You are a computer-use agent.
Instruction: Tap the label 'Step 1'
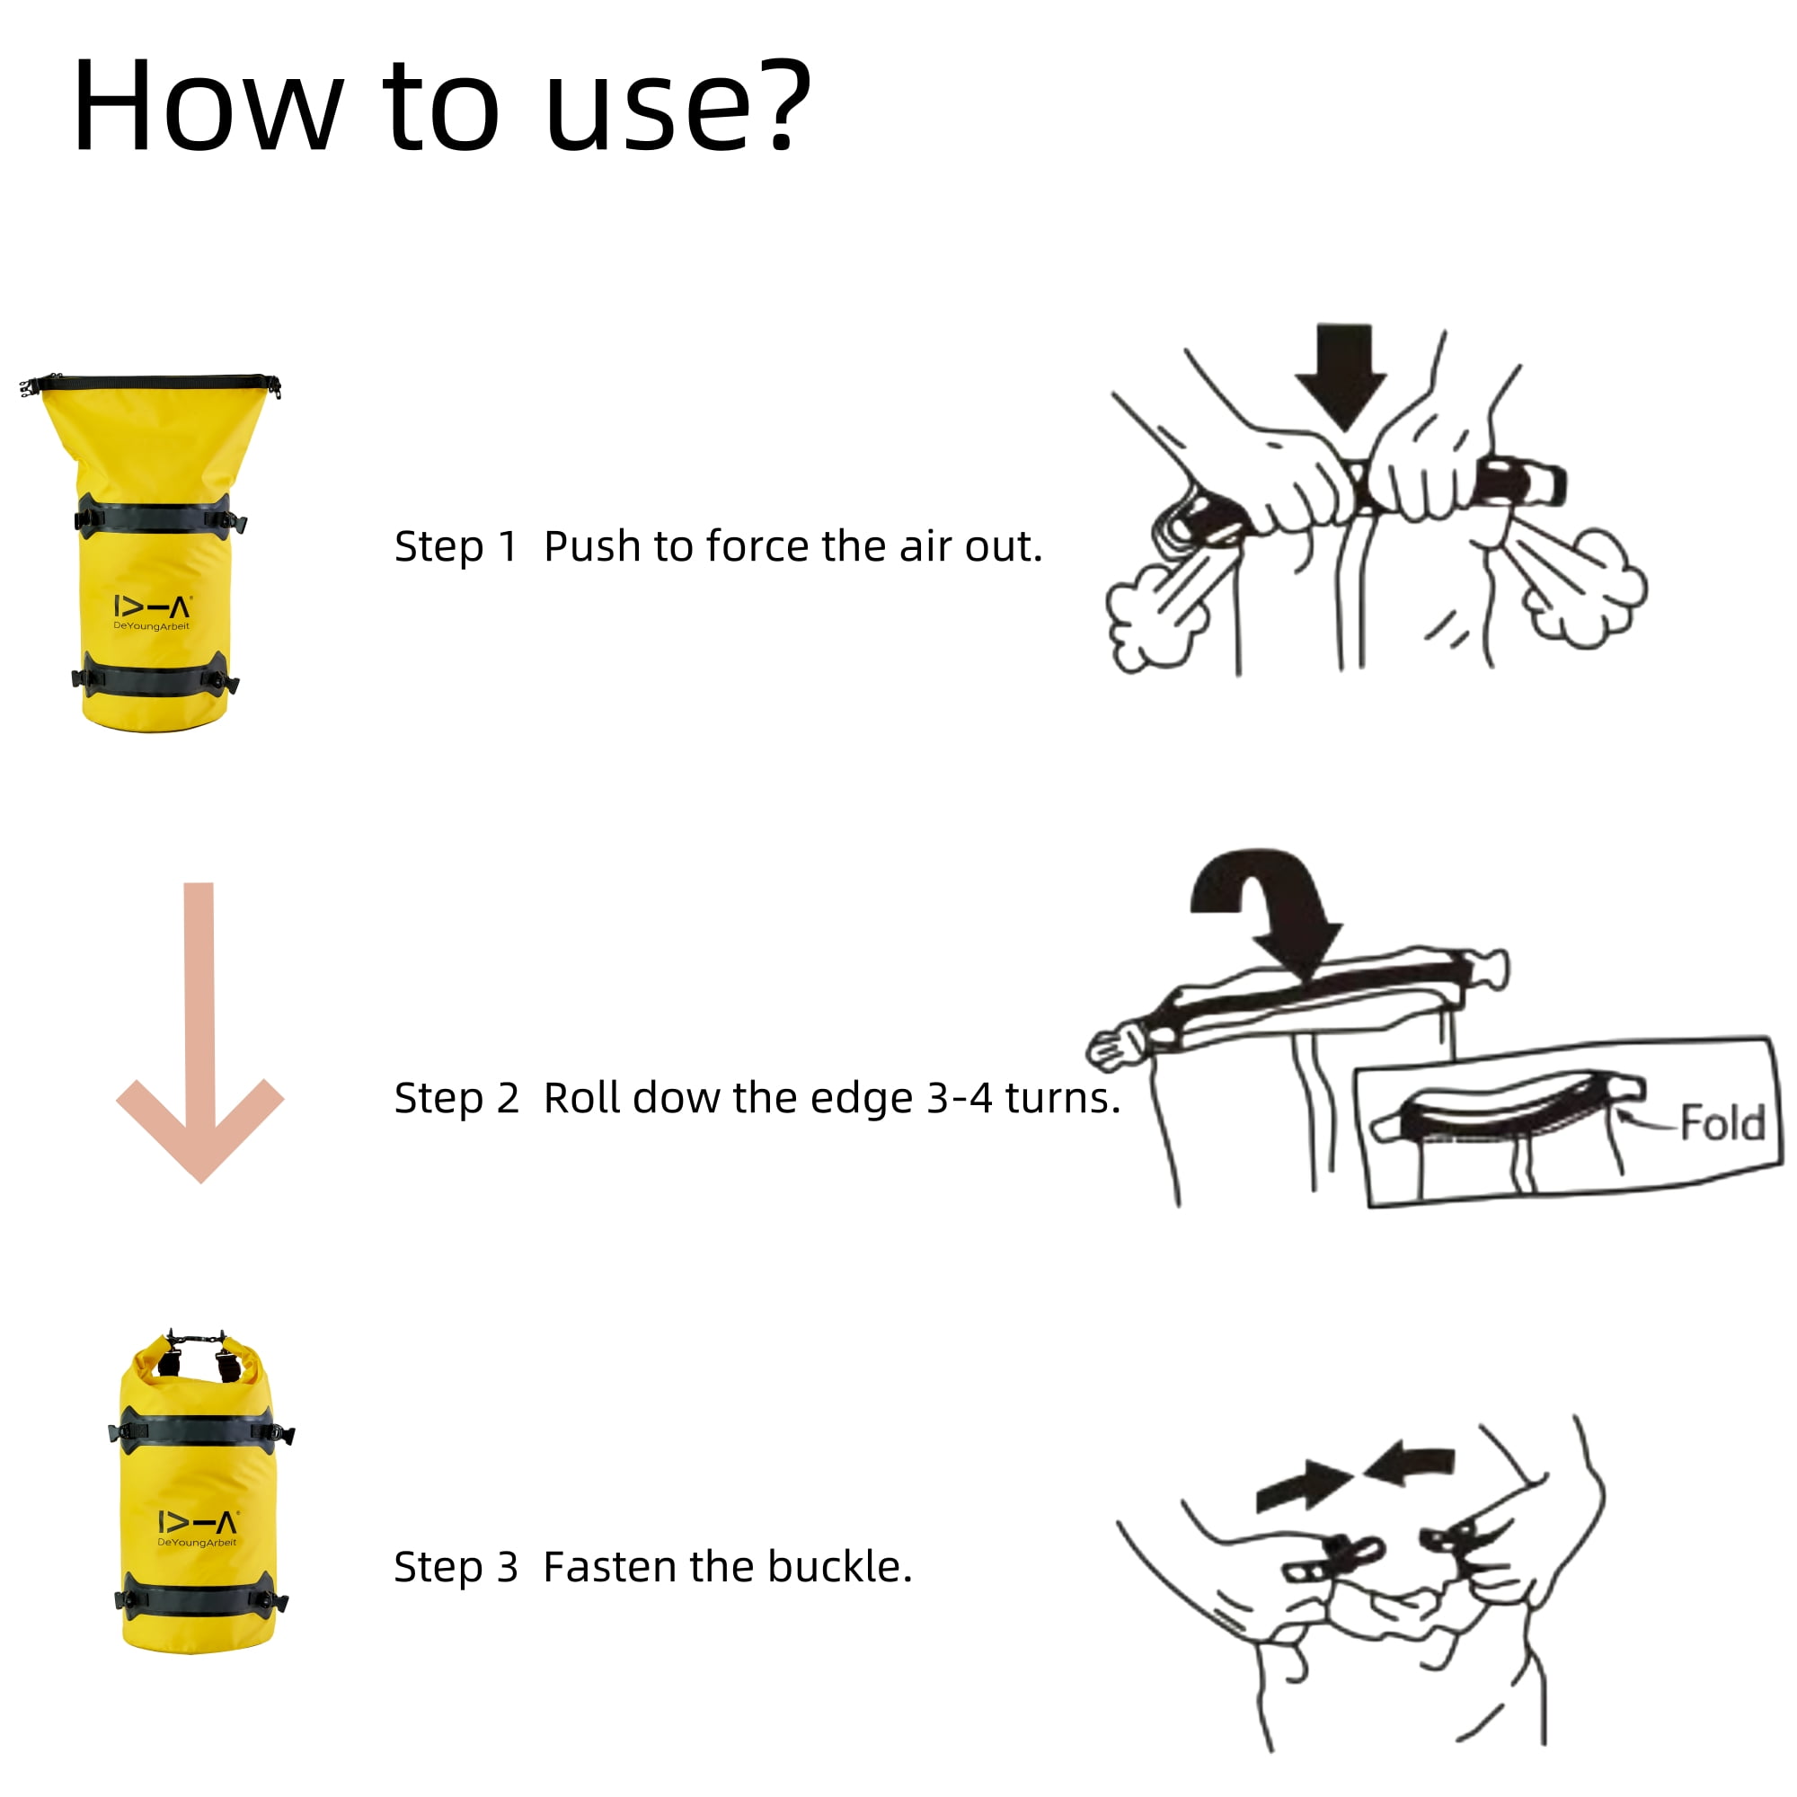[x=456, y=547]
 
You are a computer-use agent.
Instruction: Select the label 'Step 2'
[x=456, y=1099]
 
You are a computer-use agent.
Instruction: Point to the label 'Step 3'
[x=456, y=1567]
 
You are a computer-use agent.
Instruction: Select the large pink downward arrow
[x=200, y=1032]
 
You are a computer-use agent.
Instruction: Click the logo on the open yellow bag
[x=153, y=612]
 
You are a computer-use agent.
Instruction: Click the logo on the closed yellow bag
[x=197, y=1528]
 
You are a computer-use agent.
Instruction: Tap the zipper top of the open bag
[x=151, y=384]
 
